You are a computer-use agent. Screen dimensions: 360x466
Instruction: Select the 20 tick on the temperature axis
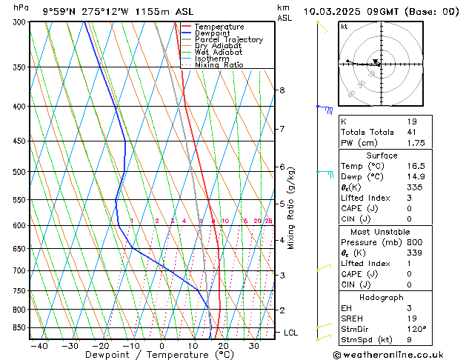coord(223,346)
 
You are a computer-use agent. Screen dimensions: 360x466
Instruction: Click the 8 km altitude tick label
coord(282,90)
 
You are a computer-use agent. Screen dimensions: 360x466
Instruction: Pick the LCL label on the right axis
coord(291,333)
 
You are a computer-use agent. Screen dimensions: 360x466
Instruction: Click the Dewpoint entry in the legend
coord(212,33)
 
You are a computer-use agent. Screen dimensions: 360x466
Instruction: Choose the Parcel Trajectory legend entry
coord(228,40)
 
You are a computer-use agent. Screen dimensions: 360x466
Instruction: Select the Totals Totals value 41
coord(412,133)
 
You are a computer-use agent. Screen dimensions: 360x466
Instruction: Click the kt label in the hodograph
coord(344,26)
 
